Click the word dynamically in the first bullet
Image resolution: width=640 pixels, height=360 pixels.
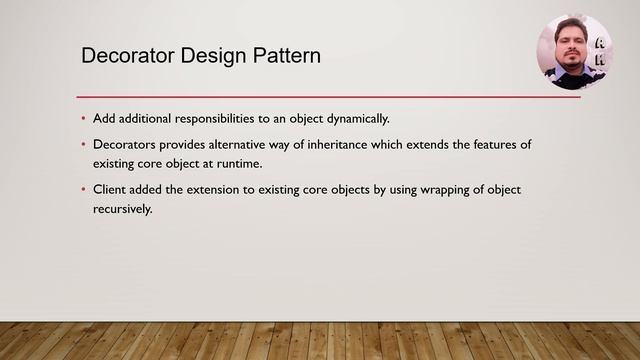point(353,119)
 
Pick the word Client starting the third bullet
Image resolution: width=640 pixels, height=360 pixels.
point(110,189)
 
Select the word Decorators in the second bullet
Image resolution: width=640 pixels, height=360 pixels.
point(125,145)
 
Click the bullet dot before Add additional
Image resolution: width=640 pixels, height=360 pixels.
point(84,119)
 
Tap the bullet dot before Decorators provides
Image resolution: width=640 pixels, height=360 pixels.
point(84,145)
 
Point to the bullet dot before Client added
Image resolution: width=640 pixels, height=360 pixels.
point(84,189)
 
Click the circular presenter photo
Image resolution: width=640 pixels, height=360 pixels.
point(576,52)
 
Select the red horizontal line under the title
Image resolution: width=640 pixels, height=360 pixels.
point(330,97)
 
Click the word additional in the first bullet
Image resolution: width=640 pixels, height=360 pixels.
point(145,119)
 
